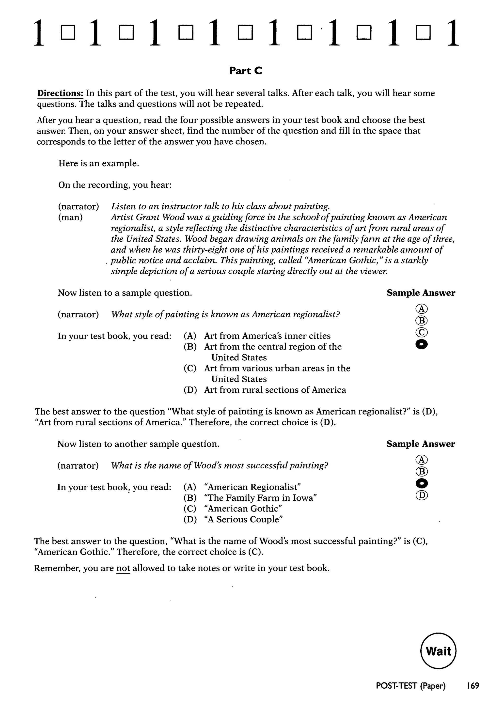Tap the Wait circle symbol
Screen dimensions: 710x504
(438, 651)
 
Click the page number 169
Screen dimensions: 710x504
(473, 686)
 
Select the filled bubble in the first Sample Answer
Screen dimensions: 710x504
(421, 344)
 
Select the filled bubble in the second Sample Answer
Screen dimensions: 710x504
(421, 483)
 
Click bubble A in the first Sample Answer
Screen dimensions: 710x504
(421, 309)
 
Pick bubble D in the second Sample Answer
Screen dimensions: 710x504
(421, 495)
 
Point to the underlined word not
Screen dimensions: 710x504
(123, 568)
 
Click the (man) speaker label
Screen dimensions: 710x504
(70, 217)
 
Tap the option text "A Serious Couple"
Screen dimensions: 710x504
(243, 520)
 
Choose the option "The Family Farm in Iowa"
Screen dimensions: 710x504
(260, 498)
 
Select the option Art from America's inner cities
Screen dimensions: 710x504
(267, 336)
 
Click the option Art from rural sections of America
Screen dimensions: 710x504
(275, 390)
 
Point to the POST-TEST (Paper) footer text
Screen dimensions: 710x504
(410, 686)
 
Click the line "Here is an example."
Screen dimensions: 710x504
(99, 163)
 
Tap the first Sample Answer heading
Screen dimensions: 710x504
(421, 293)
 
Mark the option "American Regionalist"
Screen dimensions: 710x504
(253, 487)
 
